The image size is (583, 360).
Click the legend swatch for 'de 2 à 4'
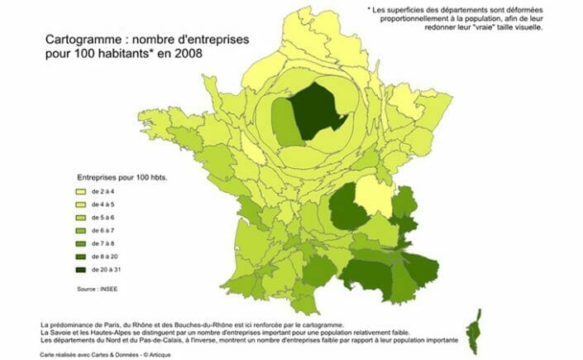click(x=81, y=192)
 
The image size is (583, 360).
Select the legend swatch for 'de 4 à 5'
click(x=81, y=204)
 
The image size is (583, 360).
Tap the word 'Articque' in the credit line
click(x=144, y=353)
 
